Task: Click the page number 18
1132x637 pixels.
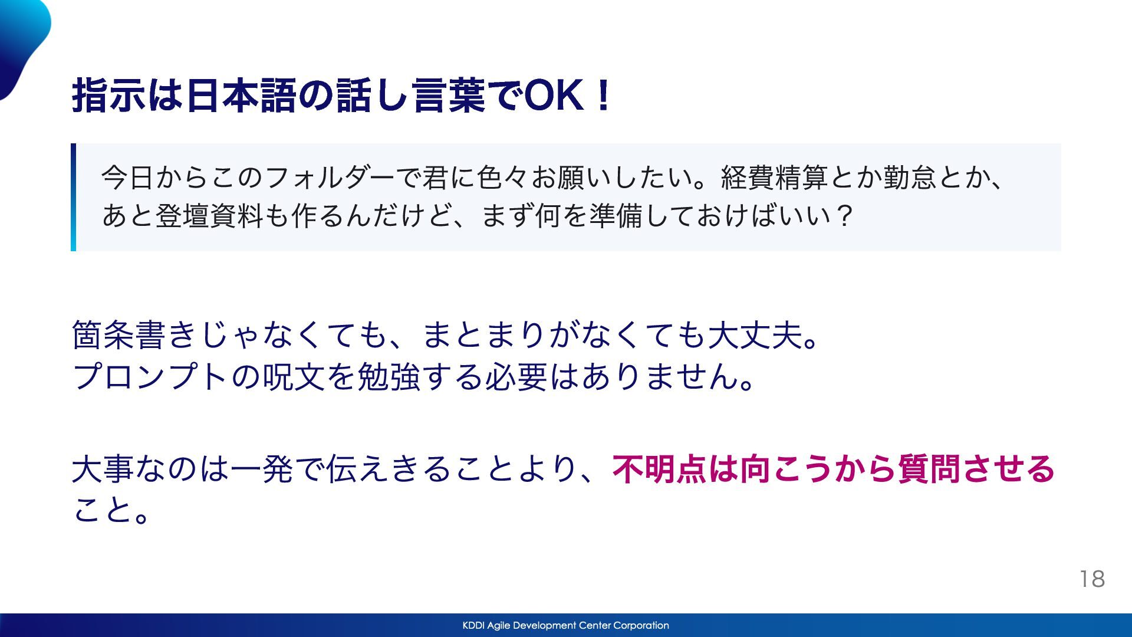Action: coord(1092,579)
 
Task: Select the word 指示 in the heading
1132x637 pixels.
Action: coord(108,96)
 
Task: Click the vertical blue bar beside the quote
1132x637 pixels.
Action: coord(73,197)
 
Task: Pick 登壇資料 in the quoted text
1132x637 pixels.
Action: coord(209,215)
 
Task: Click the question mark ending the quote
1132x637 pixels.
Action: coord(844,216)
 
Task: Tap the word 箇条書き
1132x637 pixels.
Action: coord(136,335)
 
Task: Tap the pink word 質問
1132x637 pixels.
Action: coord(930,469)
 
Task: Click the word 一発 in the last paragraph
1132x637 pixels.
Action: coord(262,469)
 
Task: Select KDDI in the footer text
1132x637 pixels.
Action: coord(473,625)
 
